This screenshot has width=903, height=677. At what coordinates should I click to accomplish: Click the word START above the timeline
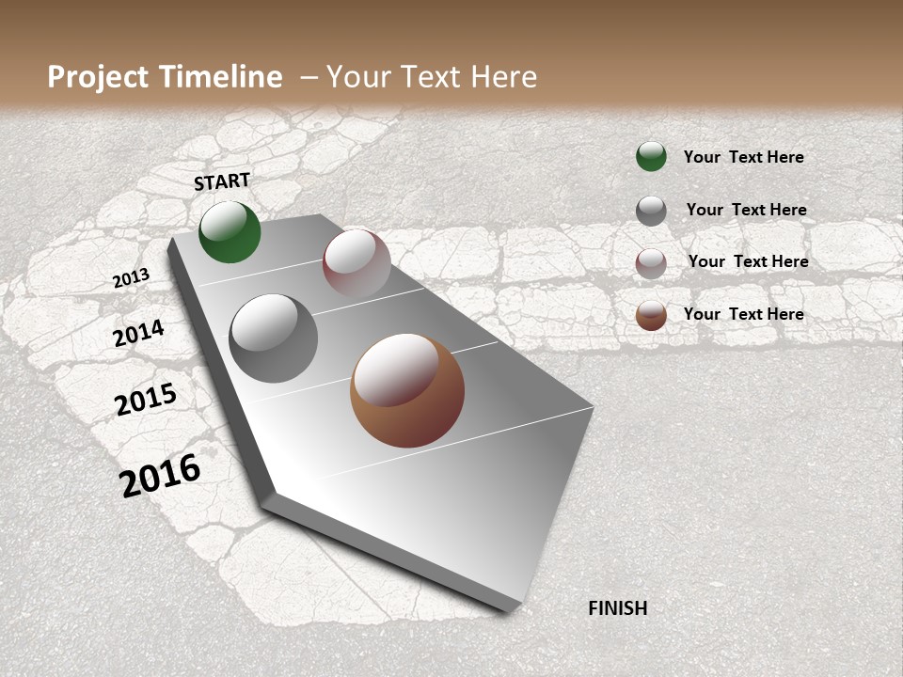222,181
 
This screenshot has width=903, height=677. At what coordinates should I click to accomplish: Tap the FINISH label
617,608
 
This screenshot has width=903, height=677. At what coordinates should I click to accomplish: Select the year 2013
132,278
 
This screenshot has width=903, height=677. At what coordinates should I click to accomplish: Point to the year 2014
139,334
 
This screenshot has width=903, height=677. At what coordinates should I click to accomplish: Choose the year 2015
146,400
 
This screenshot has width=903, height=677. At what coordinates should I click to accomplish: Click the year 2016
160,475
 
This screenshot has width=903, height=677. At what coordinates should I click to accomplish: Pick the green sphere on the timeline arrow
230,232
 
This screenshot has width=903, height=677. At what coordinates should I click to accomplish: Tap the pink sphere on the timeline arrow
356,263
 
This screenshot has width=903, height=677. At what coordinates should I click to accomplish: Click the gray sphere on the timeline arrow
274,338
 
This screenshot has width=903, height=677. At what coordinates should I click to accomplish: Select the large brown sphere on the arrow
407,390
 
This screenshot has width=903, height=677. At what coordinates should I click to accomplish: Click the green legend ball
651,157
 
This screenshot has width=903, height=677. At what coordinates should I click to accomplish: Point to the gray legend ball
651,211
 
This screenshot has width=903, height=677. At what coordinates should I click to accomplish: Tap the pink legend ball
651,263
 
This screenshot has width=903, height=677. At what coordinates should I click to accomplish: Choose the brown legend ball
651,315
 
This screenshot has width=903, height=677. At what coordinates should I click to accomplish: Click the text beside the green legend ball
743,157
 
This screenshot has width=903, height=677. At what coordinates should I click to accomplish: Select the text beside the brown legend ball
743,314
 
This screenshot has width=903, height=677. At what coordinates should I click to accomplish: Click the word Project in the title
98,77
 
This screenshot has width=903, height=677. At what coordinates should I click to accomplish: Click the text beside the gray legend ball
746,210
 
